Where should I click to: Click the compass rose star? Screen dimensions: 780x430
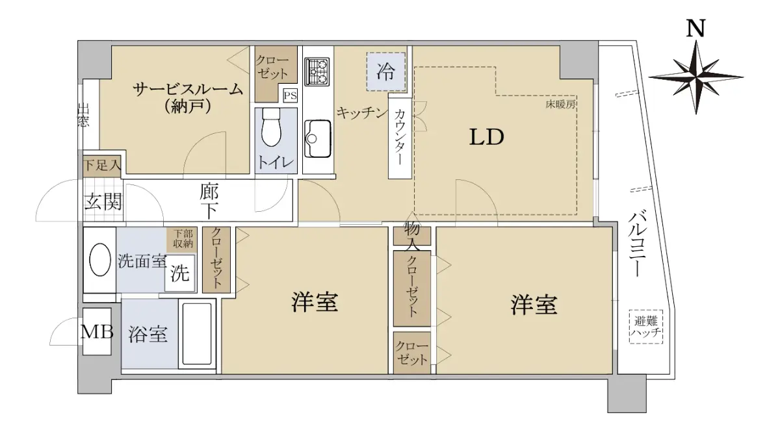pyautogui.click(x=695, y=77)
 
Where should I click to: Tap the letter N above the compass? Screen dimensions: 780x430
pyautogui.click(x=695, y=28)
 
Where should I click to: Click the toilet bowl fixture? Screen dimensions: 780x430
pyautogui.click(x=271, y=128)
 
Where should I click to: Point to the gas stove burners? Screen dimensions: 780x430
pyautogui.click(x=317, y=71)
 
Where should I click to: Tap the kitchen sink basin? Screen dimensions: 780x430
pyautogui.click(x=318, y=138)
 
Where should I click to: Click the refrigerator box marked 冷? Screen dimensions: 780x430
pyautogui.click(x=386, y=71)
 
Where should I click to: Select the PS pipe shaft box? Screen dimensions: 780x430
pyautogui.click(x=291, y=95)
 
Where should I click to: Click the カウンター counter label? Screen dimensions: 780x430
pyautogui.click(x=400, y=136)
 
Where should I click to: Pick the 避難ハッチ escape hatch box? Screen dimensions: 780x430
pyautogui.click(x=646, y=327)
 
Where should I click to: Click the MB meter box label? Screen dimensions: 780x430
pyautogui.click(x=97, y=332)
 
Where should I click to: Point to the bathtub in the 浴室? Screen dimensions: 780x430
pyautogui.click(x=197, y=334)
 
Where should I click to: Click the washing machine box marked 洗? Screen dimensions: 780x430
pyautogui.click(x=179, y=273)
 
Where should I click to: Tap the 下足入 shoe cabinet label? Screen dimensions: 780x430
pyautogui.click(x=102, y=164)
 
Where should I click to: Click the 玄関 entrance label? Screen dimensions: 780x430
pyautogui.click(x=103, y=201)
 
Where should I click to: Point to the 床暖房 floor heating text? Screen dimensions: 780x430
pyautogui.click(x=560, y=104)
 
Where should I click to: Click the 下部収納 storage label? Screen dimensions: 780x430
pyautogui.click(x=183, y=238)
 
